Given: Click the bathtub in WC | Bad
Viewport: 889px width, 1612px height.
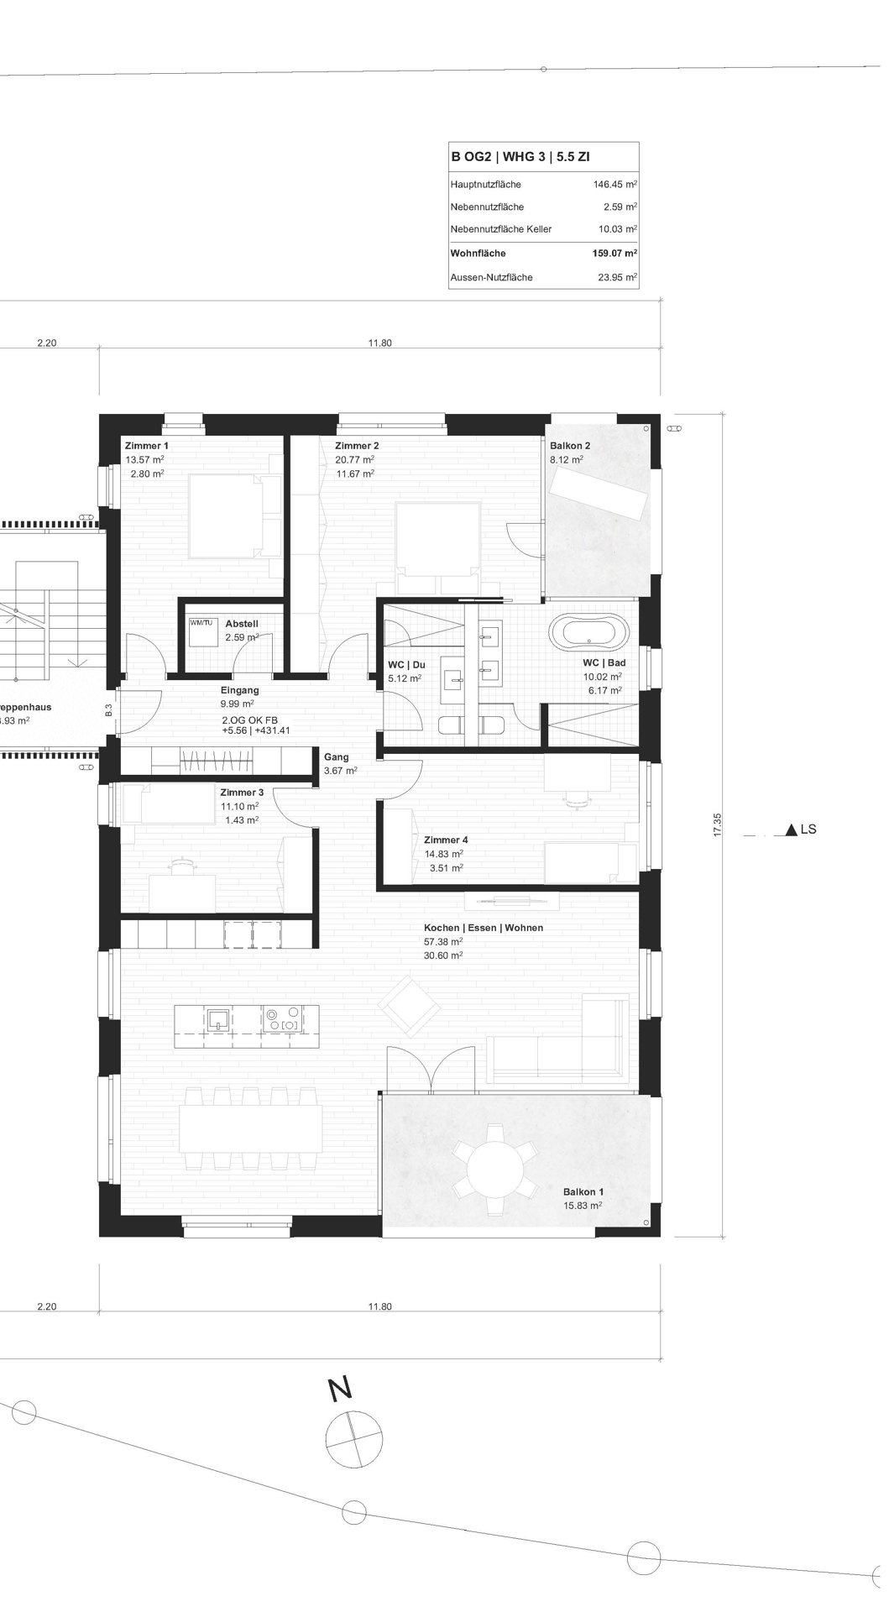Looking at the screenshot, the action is [588, 633].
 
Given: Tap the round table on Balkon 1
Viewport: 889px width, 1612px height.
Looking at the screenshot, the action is [495, 1170].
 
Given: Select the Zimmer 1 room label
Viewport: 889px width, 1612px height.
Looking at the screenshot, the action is [147, 446].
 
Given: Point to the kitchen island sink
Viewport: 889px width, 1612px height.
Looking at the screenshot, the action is [219, 1019].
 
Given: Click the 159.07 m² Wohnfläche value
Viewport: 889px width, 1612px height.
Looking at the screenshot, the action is [614, 253].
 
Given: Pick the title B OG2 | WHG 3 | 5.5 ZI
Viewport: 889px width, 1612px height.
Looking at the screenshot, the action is [520, 156].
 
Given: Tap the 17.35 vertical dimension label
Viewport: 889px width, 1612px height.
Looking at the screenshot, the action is [717, 824].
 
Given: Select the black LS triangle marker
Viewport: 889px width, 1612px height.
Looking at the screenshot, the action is [791, 830].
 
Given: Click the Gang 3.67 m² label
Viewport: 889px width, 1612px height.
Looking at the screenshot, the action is [340, 763].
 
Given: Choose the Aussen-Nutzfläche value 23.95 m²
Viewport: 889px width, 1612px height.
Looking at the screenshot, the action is [617, 277].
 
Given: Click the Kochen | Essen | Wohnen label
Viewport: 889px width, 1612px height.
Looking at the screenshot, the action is [483, 928].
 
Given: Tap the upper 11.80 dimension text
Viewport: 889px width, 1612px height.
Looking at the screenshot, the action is [379, 343].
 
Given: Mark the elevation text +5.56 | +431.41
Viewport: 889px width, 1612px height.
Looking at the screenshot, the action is [256, 730].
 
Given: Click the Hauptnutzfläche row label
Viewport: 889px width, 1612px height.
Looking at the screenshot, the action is [485, 184].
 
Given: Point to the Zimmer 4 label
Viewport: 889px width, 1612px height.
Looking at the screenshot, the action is [446, 840].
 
